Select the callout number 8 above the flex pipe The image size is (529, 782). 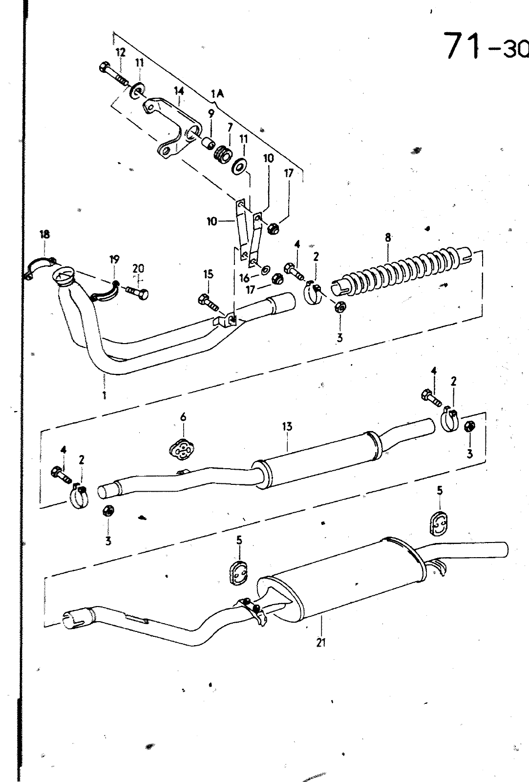[388, 238]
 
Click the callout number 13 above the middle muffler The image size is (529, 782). [287, 426]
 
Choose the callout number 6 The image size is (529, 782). [183, 417]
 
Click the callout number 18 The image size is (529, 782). [44, 234]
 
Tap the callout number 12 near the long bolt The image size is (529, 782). [120, 53]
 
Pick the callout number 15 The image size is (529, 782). [208, 274]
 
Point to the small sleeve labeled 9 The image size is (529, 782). [208, 142]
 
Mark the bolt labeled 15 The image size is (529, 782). [208, 303]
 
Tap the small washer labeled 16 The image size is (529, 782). [265, 269]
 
